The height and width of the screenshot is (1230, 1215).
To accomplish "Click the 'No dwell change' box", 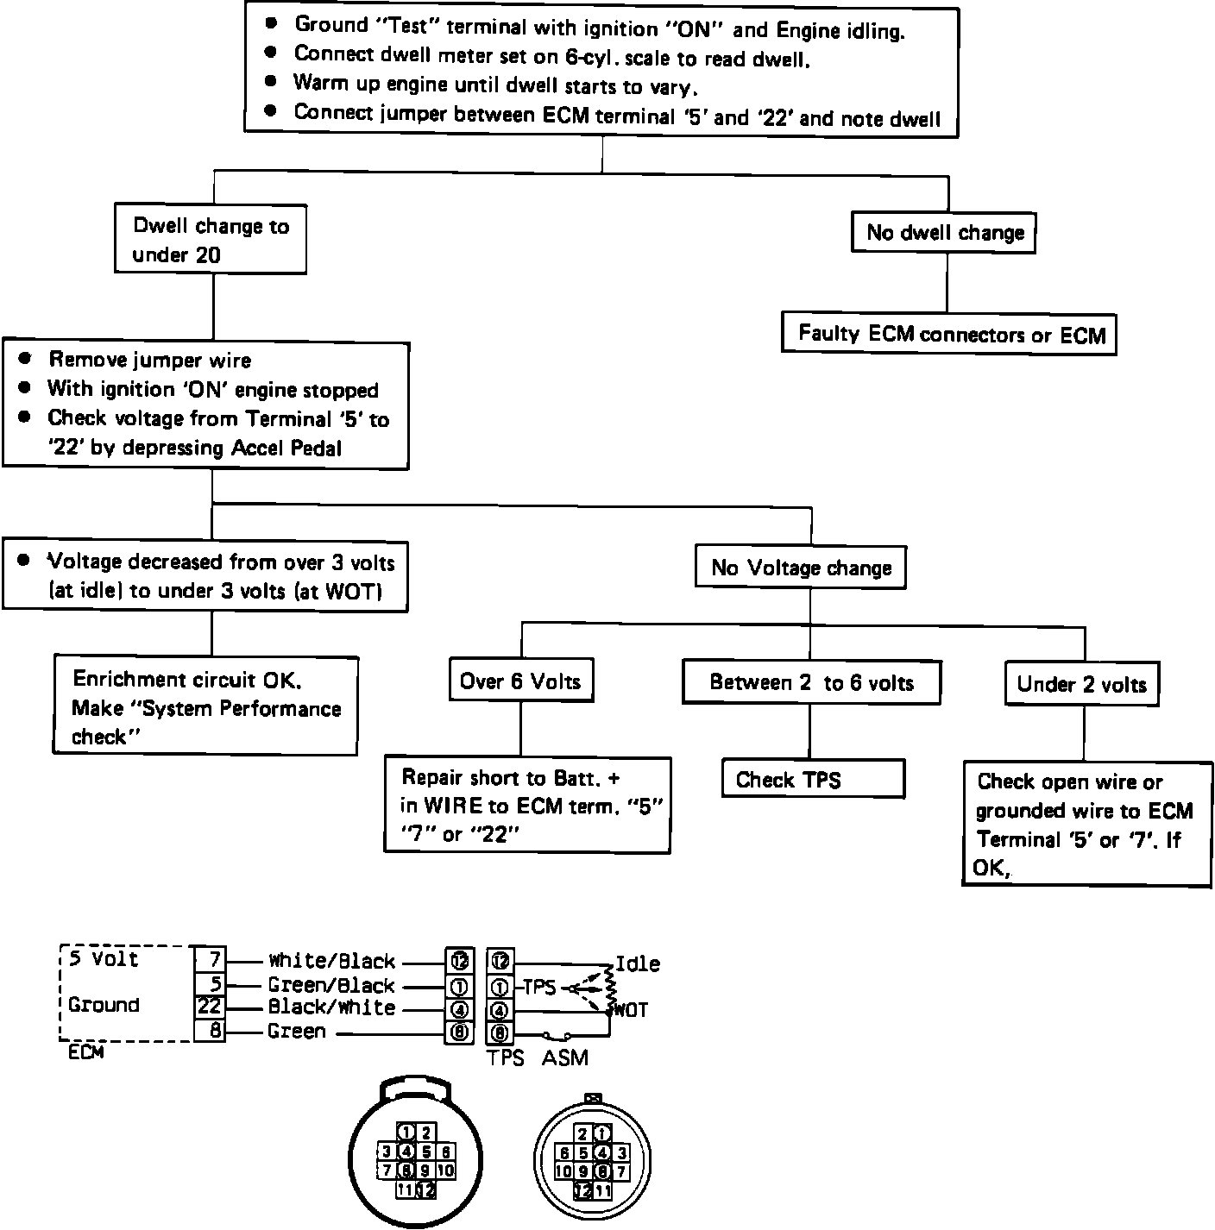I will (945, 233).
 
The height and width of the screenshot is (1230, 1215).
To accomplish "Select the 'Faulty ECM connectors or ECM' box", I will (950, 334).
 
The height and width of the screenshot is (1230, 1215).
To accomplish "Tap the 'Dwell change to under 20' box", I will (211, 240).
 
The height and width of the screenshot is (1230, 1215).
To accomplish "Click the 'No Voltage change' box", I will (801, 568).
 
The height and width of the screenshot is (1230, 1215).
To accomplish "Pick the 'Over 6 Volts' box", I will (520, 681).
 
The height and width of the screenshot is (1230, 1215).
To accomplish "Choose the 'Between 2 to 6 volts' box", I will (811, 682).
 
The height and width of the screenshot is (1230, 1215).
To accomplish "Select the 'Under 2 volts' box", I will (1081, 684).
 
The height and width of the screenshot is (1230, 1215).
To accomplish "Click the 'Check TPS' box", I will (813, 780).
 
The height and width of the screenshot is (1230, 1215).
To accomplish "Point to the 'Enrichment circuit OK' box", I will (205, 707).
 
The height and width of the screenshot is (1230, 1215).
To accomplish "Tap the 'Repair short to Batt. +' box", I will (527, 806).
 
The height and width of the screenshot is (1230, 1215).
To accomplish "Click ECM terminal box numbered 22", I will (209, 1007).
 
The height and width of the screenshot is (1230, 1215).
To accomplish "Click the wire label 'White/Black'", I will (331, 961).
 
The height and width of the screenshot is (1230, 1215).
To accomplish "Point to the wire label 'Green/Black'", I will (331, 985).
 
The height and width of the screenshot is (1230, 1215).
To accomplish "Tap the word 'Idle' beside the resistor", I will (638, 963).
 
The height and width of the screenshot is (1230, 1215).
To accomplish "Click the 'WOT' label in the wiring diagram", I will (632, 1009).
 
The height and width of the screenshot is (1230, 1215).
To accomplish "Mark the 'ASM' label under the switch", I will (564, 1057).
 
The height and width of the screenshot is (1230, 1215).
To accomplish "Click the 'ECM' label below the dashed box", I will (85, 1052).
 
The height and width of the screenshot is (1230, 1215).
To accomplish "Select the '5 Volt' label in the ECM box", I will (103, 959).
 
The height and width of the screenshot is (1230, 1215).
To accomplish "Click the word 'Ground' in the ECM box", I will (104, 1005).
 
